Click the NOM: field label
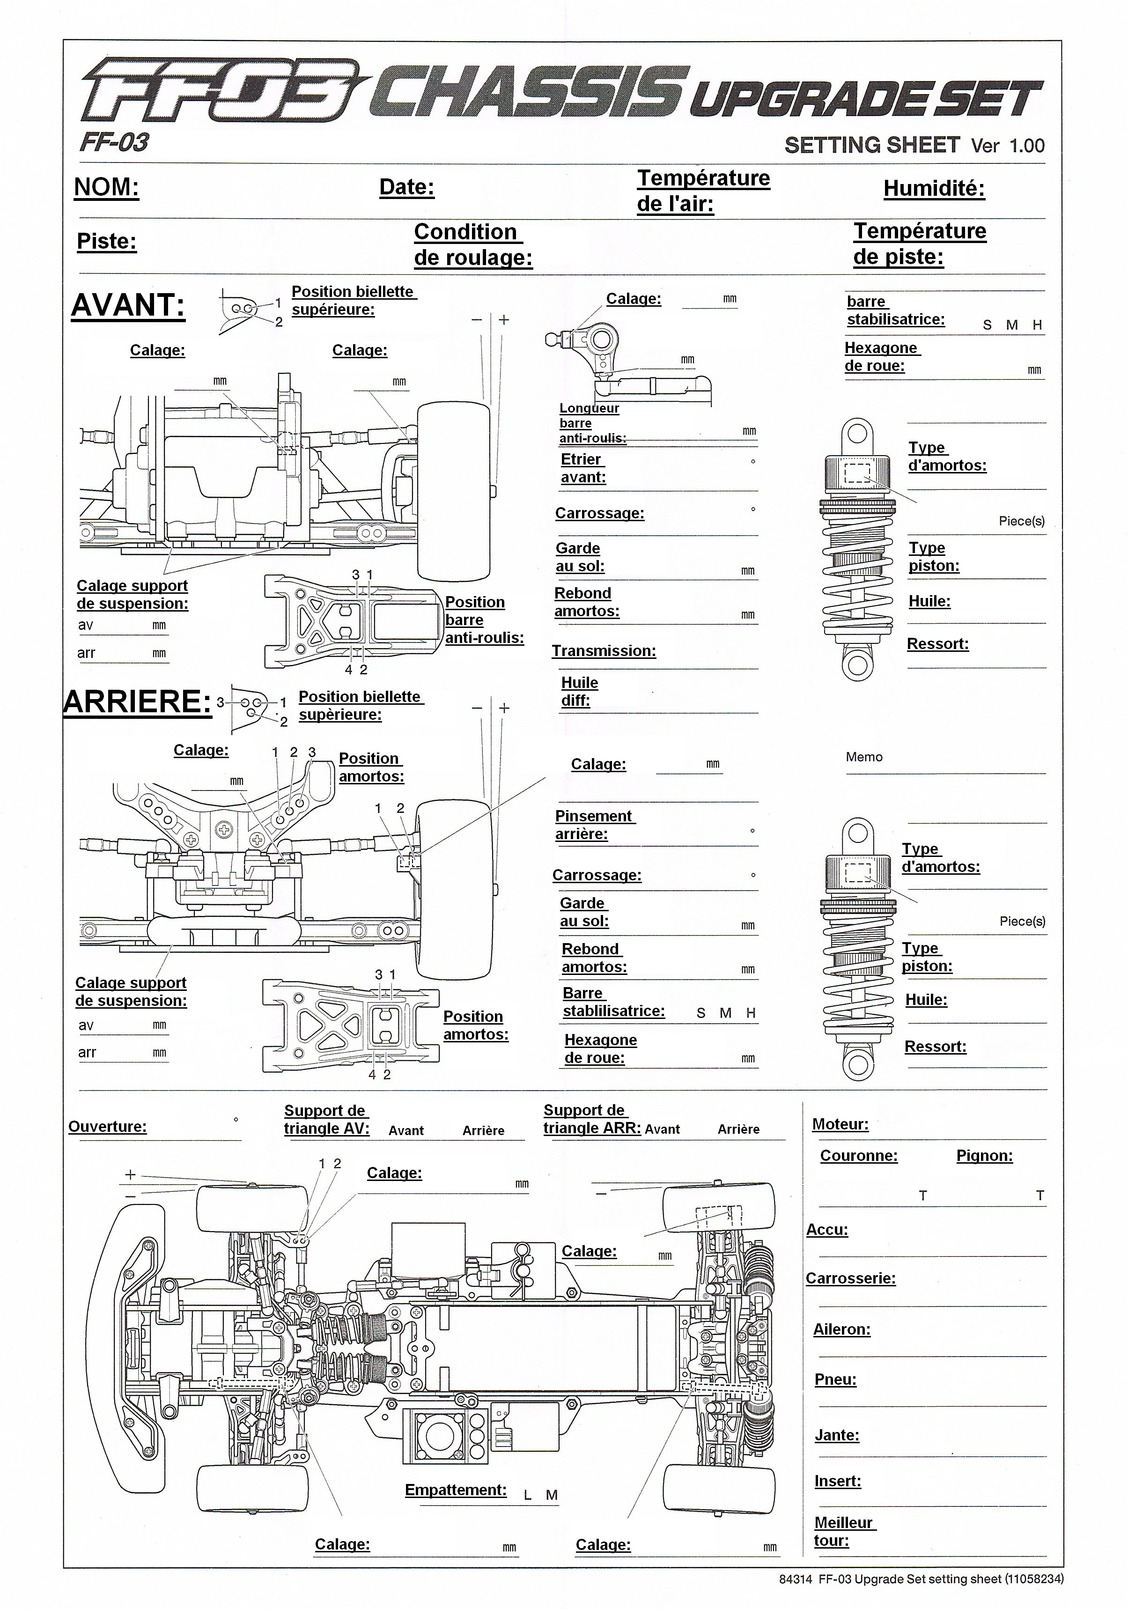106,187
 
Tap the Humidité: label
934,189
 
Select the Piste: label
106,241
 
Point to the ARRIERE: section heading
137,701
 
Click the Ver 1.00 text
1008,146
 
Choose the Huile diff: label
579,692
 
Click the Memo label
864,757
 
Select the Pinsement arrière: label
593,825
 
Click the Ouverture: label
107,1126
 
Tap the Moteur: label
840,1124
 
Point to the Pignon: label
984,1156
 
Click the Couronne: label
859,1156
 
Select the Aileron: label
841,1329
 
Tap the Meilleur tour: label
844,1531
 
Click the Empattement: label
456,1490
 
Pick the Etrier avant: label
583,468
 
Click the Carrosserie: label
850,1278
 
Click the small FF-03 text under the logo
114,143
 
